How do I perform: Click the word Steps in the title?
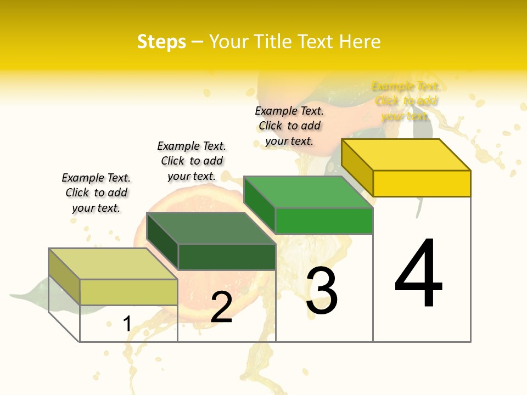[x=161, y=42]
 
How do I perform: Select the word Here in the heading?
[x=360, y=42]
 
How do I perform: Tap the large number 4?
[x=418, y=274]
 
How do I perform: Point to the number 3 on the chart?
[x=322, y=291]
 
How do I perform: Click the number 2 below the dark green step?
[x=222, y=308]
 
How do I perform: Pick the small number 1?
[x=127, y=324]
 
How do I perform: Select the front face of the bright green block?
[x=324, y=221]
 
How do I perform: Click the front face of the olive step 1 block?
[x=128, y=292]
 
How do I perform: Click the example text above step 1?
[x=96, y=193]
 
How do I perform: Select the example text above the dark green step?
[x=192, y=161]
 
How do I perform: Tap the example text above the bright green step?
[x=289, y=126]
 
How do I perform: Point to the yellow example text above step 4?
[x=406, y=101]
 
